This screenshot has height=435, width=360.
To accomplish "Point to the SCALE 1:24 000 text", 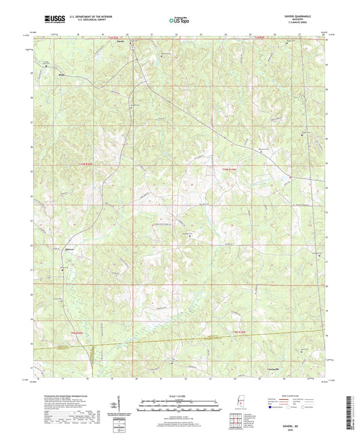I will point(180,395).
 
